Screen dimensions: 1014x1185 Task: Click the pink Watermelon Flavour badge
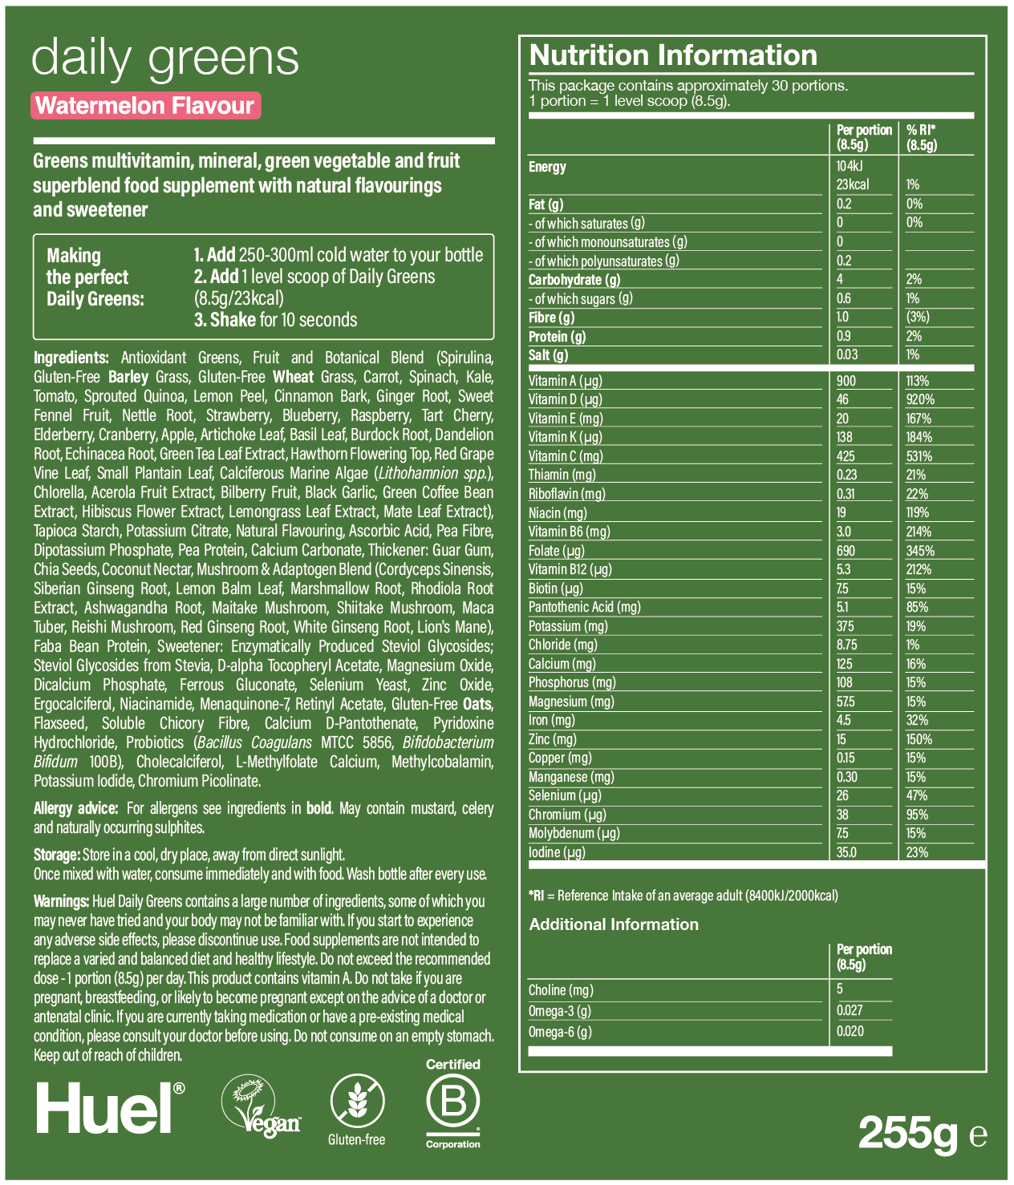click(145, 106)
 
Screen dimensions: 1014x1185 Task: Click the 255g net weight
click(908, 1133)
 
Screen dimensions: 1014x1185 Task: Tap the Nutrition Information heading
click(673, 55)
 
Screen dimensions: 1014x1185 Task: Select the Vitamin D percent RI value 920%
click(920, 399)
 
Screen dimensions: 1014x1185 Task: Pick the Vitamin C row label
click(566, 456)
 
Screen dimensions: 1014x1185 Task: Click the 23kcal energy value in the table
click(853, 184)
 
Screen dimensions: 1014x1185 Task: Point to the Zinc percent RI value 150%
click(919, 739)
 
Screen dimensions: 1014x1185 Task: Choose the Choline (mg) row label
click(561, 990)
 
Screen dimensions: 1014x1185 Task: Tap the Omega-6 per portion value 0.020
click(850, 1031)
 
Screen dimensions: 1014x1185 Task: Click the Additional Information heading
click(614, 924)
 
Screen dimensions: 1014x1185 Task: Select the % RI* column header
click(922, 137)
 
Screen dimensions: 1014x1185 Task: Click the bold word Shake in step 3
click(232, 320)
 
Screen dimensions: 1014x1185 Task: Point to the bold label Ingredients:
click(71, 358)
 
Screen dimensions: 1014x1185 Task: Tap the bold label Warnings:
click(61, 901)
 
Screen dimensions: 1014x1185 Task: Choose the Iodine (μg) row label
click(557, 852)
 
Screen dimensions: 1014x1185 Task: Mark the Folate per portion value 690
click(846, 551)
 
